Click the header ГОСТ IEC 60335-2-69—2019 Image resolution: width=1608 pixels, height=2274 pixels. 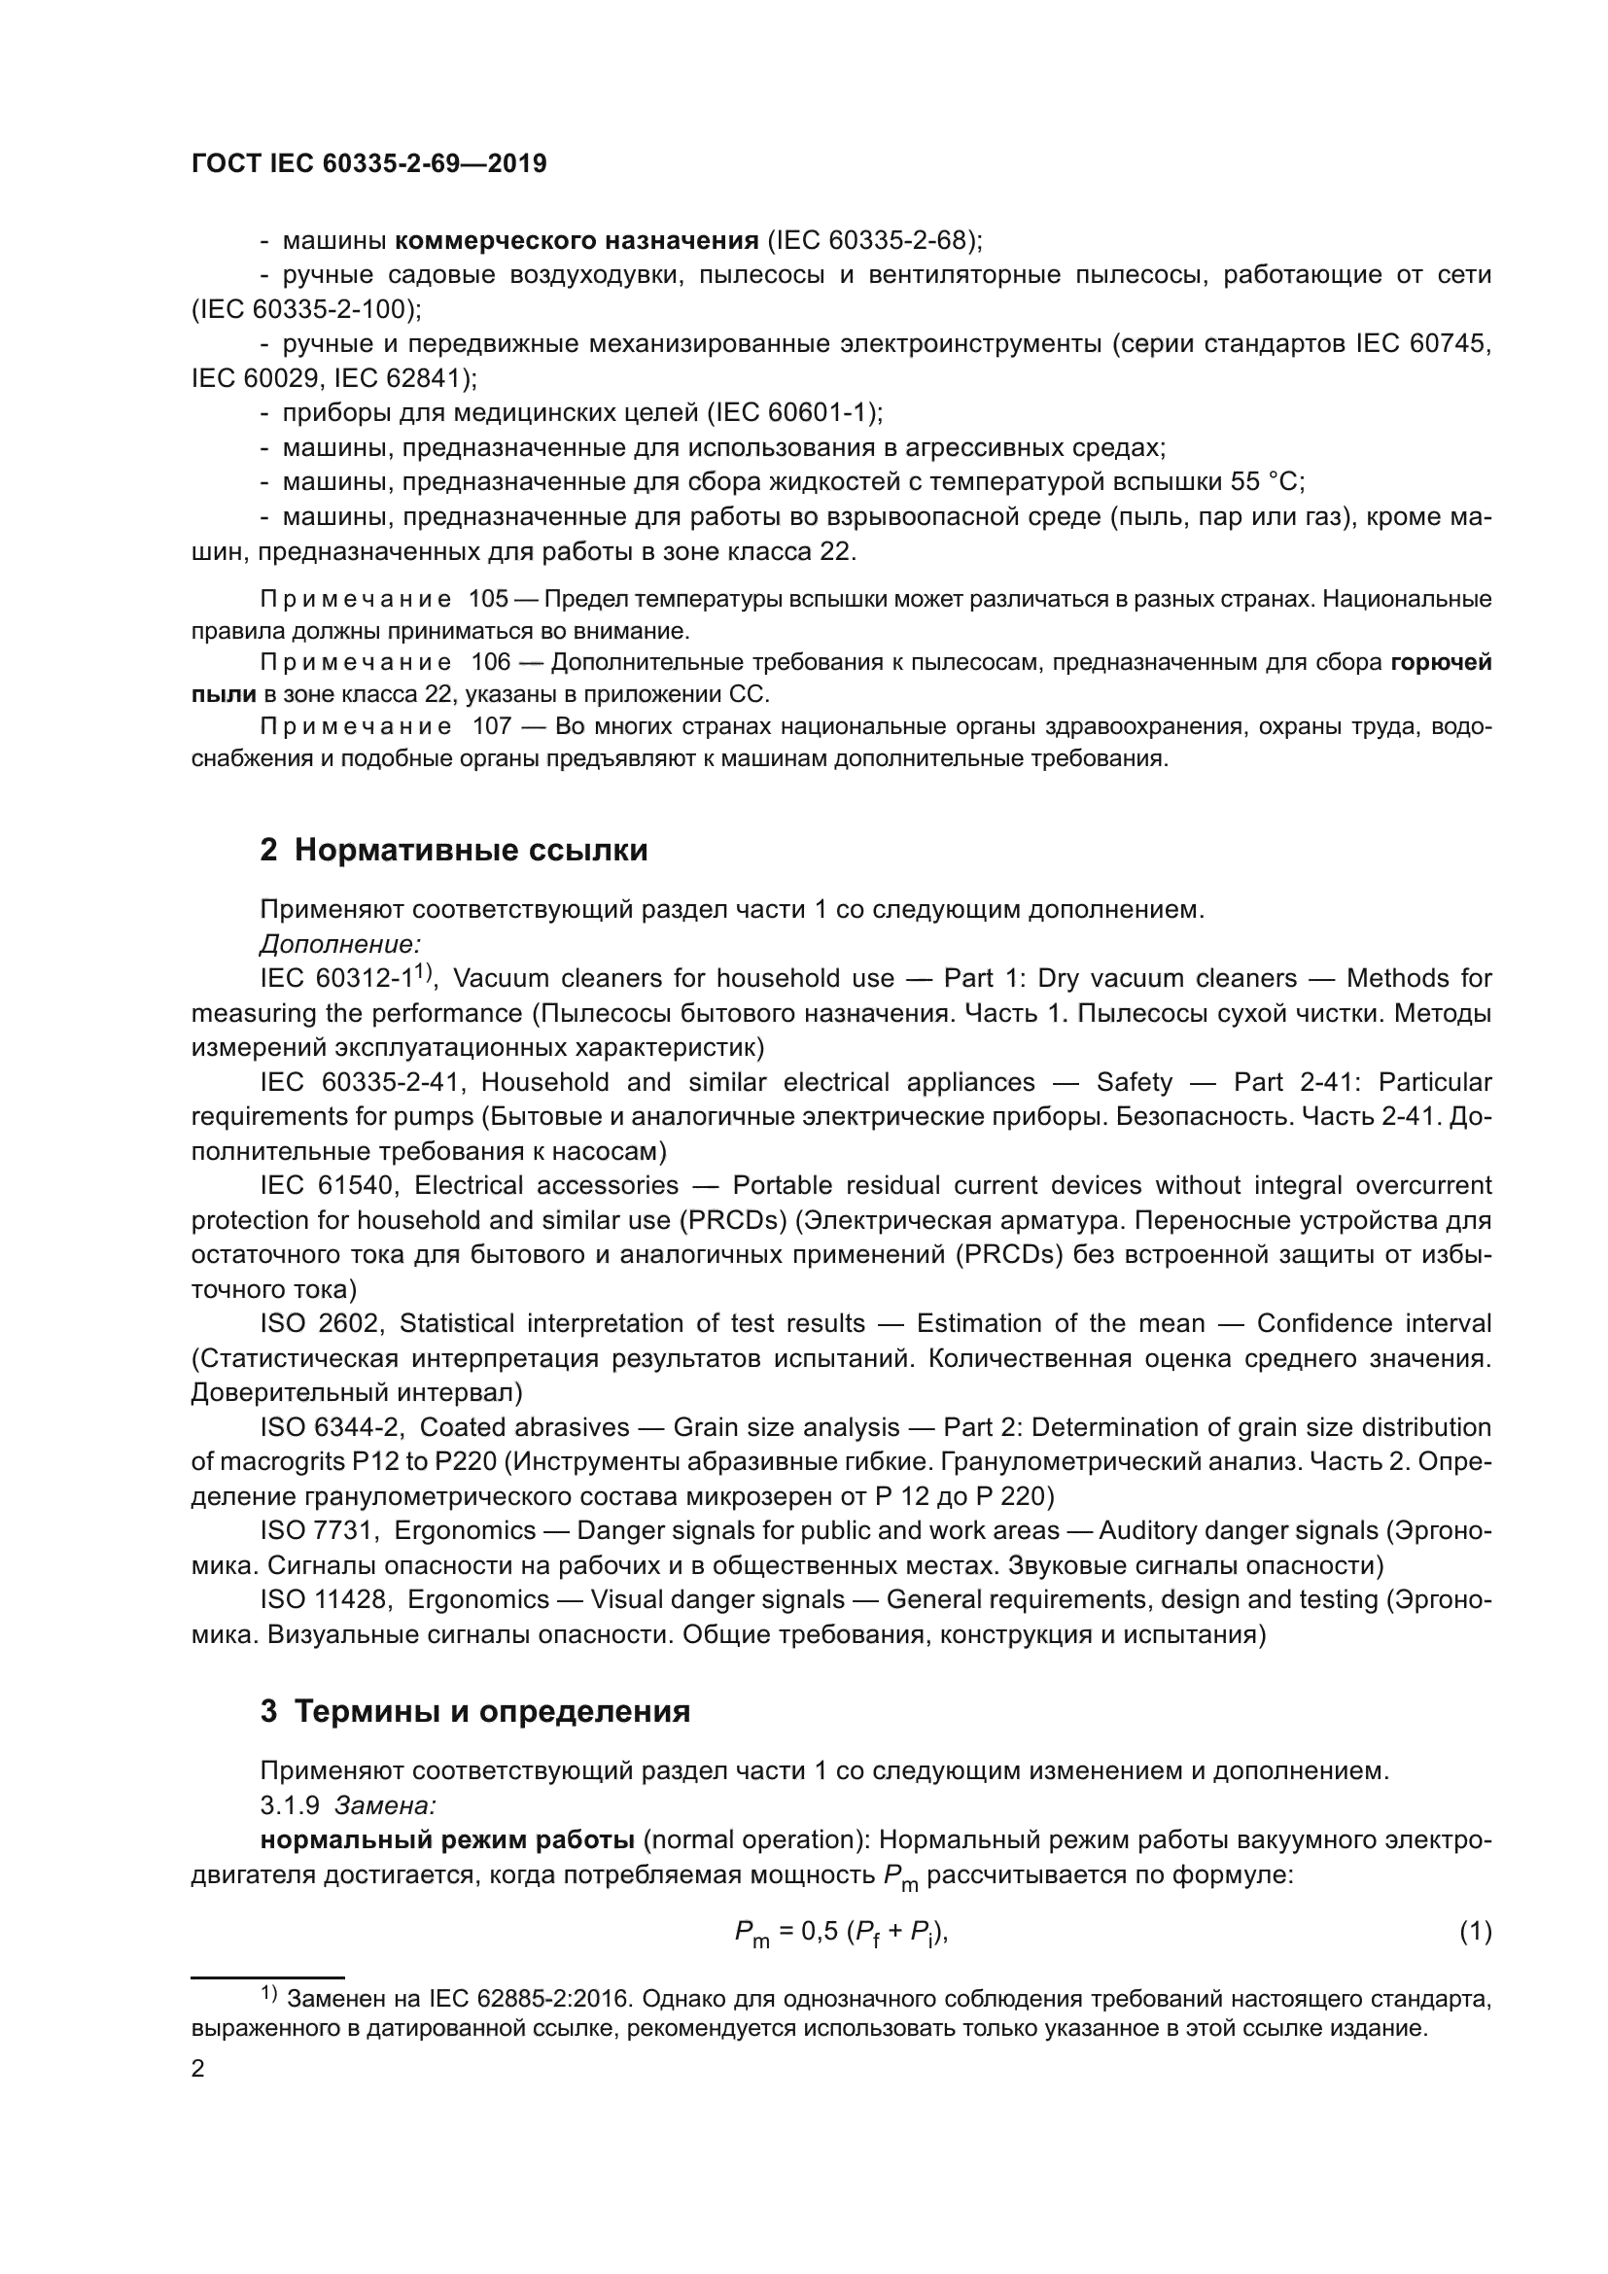368,164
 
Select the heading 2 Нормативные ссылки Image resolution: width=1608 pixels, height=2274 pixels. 453,850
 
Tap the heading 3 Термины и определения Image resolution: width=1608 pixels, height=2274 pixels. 474,1711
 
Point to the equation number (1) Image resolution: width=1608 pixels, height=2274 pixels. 1476,1932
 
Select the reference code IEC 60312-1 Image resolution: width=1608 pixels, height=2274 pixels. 336,979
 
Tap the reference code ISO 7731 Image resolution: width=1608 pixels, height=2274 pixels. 319,1531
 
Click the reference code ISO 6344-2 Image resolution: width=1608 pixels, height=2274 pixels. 332,1428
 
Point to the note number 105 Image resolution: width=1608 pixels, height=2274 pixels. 487,599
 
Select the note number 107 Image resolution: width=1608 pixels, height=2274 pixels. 491,727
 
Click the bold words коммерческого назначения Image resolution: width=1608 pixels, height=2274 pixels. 577,241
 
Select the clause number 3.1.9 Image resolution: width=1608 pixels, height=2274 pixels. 289,1805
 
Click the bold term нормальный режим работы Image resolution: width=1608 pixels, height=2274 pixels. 446,1840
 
